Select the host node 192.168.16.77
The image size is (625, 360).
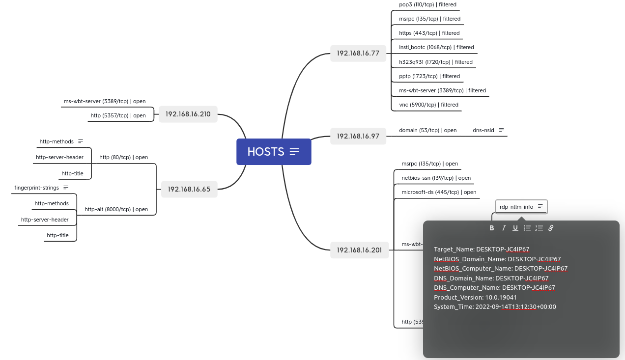coord(358,53)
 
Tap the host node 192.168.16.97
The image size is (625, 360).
coord(358,136)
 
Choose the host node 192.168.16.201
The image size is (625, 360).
coord(359,250)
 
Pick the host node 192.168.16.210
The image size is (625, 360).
coord(188,114)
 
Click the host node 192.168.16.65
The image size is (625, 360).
coord(189,189)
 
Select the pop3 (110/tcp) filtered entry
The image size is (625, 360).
coord(427,5)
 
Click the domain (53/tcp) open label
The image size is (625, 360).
coord(427,130)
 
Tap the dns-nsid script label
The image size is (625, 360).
coord(483,130)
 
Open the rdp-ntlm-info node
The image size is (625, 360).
coord(516,207)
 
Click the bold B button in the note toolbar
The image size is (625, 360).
coord(492,228)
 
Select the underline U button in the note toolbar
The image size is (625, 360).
coord(515,228)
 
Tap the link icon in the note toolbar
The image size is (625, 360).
coord(551,228)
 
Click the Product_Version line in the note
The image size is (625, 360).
coord(475,297)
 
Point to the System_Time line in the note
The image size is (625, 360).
coord(495,307)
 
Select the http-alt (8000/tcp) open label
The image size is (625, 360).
coord(116,209)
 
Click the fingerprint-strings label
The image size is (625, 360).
coord(37,188)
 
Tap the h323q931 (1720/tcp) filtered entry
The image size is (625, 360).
coord(435,62)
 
